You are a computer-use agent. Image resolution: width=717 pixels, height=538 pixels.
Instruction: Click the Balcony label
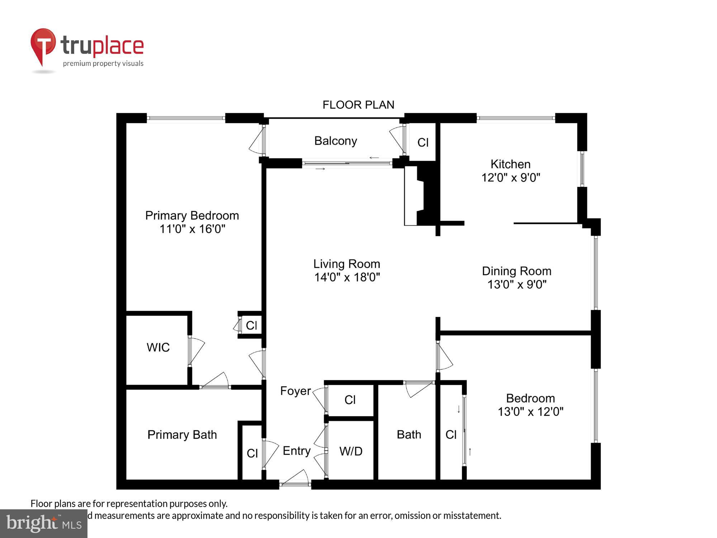pos(336,141)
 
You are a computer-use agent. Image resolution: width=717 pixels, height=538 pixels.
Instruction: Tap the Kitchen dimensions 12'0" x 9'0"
pos(511,178)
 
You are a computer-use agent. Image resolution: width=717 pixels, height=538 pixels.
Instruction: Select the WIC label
pos(158,347)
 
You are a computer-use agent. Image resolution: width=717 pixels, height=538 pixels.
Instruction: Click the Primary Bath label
pos(182,435)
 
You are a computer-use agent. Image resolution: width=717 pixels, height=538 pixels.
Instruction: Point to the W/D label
pos(351,451)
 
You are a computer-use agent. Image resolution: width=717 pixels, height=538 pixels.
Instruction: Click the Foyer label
pos(295,391)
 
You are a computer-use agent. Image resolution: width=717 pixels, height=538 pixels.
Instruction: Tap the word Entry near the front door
pos(296,451)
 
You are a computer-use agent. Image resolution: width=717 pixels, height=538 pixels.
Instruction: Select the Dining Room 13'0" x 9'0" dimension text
pos(517,284)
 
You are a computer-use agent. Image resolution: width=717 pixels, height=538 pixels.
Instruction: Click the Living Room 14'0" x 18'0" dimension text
pos(347,277)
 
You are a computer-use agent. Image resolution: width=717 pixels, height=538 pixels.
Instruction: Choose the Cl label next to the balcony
pos(423,143)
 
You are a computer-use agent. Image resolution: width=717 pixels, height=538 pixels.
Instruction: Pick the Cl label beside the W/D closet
pos(350,400)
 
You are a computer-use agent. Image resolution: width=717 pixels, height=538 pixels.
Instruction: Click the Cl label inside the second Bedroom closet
pos(451,435)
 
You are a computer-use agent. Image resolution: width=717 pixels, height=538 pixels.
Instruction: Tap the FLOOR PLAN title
pos(358,105)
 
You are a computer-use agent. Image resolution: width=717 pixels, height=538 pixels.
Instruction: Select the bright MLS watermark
pos(44,524)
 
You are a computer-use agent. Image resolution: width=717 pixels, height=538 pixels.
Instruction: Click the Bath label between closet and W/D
pos(409,435)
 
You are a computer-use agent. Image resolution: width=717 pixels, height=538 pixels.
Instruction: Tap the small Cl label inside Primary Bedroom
pos(251,325)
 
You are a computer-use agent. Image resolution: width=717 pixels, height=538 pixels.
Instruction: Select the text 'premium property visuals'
pos(103,64)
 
